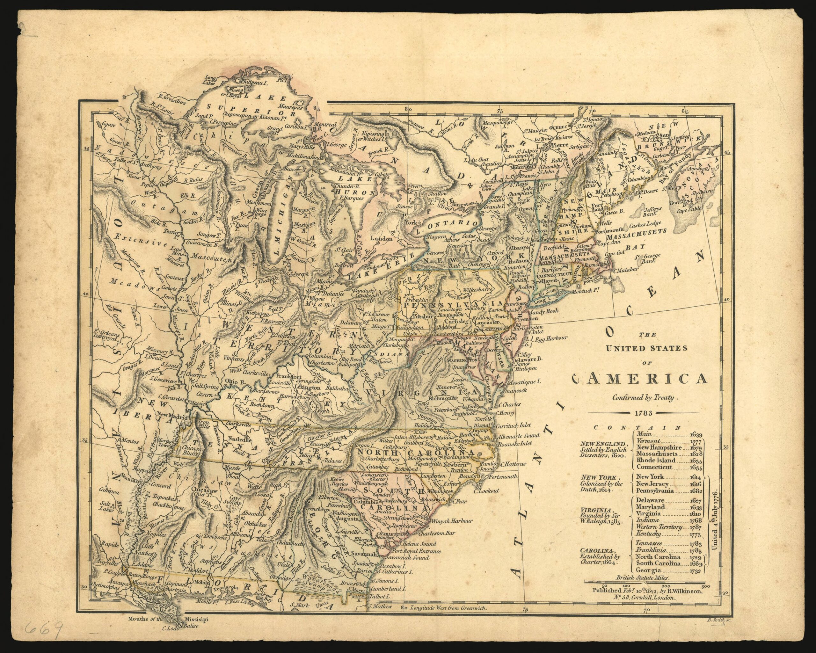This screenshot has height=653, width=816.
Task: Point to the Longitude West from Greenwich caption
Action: coord(448,609)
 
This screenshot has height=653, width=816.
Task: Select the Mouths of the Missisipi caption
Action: coord(168,619)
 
